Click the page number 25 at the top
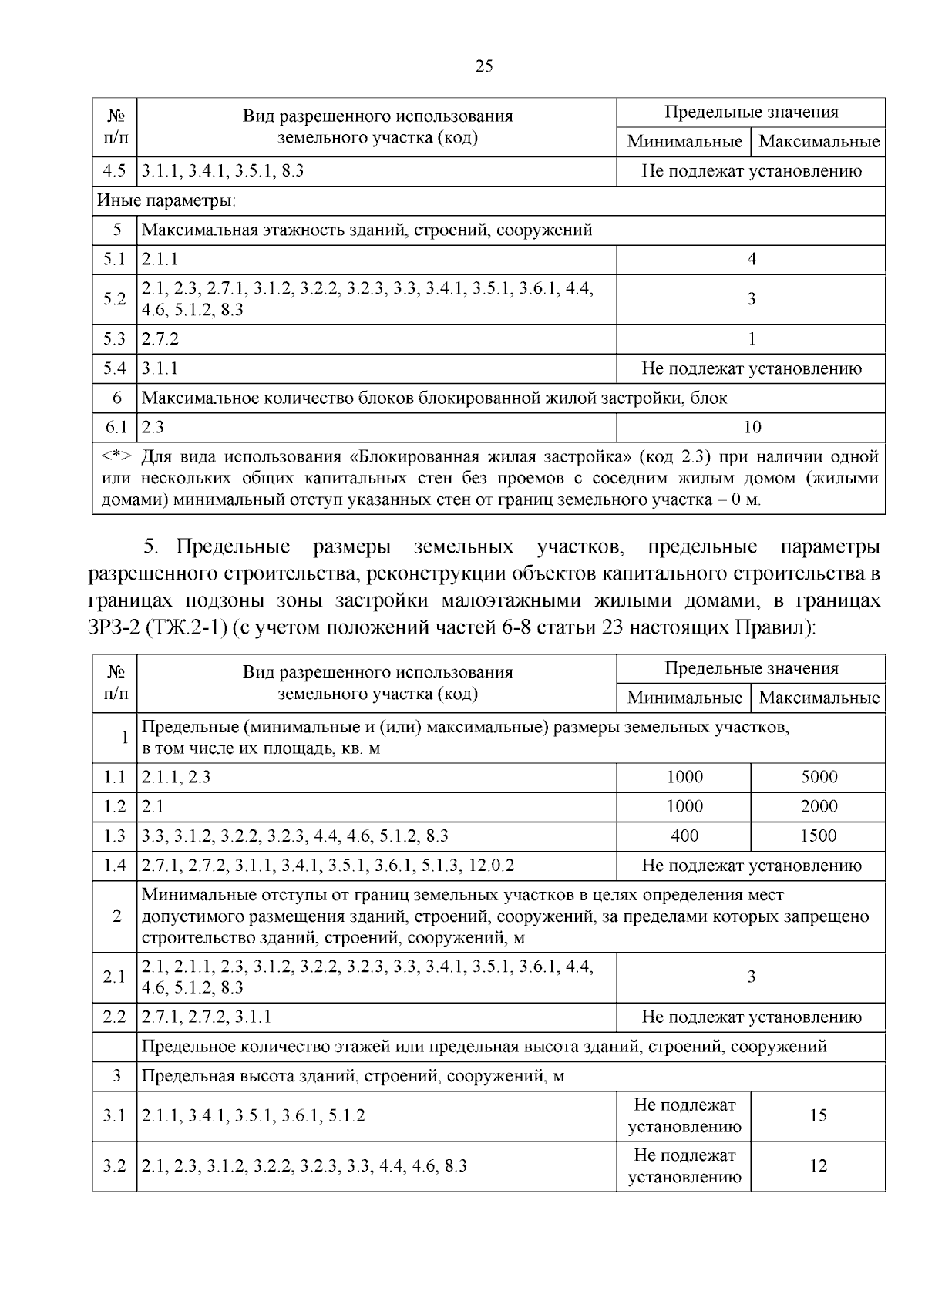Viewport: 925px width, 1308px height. click(483, 66)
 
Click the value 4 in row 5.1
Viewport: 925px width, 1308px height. click(751, 260)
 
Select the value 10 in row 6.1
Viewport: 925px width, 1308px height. click(751, 427)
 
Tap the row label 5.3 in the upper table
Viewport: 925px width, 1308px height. click(114, 339)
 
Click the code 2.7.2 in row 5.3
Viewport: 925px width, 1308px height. click(160, 339)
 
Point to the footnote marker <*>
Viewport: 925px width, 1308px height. click(117, 456)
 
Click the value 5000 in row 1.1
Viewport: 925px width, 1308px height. click(818, 777)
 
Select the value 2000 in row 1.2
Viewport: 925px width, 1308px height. click(818, 806)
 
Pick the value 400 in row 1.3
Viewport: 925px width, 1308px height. click(684, 836)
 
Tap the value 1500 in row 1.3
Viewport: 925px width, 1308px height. click(818, 836)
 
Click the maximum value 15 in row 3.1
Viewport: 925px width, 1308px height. click(818, 1115)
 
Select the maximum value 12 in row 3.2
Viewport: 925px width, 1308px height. click(818, 1165)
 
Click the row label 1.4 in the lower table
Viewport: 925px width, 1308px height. click(114, 866)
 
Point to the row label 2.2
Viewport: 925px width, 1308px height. click(114, 1017)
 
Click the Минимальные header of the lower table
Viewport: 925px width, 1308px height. click(684, 698)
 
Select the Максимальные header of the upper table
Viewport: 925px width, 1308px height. click(819, 142)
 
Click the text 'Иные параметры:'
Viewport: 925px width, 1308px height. click(166, 202)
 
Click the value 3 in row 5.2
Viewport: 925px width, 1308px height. click(751, 299)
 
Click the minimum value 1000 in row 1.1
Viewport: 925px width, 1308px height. click(684, 777)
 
